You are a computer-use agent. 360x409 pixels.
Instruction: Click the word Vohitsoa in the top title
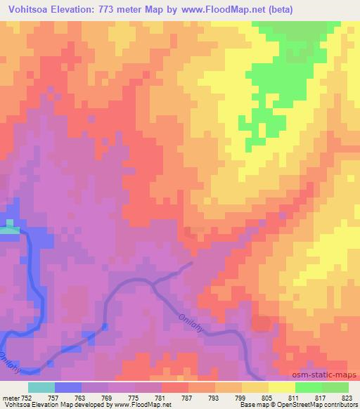(x=32, y=10)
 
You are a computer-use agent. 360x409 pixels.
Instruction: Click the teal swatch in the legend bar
(x=41, y=387)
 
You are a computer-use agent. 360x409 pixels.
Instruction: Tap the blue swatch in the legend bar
(x=68, y=387)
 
